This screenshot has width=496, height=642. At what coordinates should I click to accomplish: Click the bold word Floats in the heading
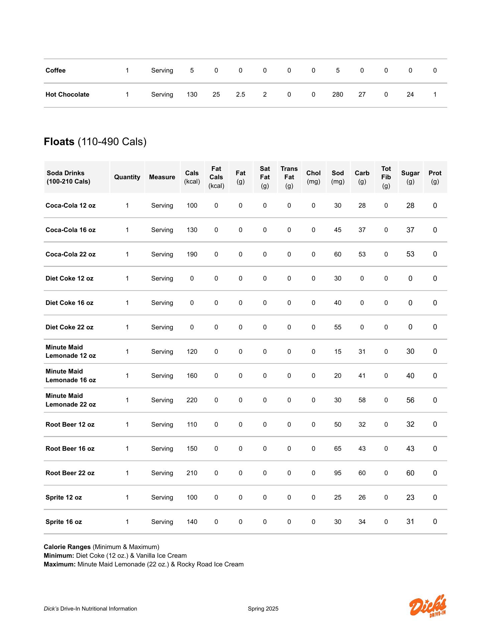click(59, 142)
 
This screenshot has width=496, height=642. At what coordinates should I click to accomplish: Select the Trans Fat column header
click(289, 177)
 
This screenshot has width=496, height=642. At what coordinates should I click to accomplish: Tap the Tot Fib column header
click(386, 177)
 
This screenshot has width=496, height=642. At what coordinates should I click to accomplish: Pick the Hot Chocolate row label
click(67, 95)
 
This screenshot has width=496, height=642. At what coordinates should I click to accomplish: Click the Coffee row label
click(55, 71)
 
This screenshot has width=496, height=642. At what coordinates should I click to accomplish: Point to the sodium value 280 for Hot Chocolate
click(338, 95)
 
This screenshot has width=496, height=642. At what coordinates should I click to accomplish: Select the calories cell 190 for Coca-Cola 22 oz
click(192, 254)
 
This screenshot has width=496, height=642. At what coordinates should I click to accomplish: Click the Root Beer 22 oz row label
click(70, 473)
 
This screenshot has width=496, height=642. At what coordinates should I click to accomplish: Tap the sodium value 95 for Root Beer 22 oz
click(338, 473)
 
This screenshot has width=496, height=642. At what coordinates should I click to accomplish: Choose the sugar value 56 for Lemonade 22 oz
click(410, 400)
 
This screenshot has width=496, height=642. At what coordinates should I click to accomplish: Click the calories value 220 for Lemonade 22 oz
click(192, 400)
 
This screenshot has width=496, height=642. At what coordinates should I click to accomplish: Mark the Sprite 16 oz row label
click(64, 522)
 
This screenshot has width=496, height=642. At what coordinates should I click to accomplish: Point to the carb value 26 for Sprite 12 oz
click(362, 498)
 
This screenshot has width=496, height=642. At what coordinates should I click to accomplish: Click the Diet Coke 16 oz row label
click(69, 303)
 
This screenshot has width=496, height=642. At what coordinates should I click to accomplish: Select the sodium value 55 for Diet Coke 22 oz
click(338, 327)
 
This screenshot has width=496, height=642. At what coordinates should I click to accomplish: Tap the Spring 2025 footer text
click(263, 609)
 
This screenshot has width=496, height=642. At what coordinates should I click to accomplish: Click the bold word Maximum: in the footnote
click(60, 564)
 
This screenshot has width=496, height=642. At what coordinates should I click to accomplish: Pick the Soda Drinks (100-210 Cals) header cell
click(68, 177)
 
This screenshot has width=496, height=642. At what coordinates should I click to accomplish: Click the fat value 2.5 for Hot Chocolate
click(240, 95)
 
